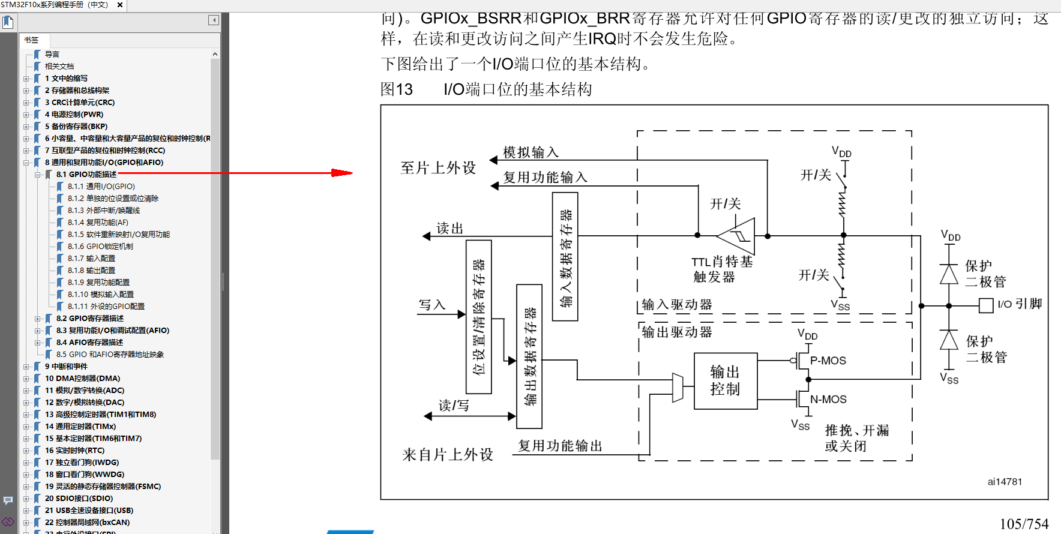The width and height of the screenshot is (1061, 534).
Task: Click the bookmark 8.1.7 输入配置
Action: pos(91,259)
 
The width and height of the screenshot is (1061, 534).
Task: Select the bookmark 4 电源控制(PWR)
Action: pos(74,115)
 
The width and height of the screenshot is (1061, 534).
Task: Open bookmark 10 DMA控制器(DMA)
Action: pos(82,379)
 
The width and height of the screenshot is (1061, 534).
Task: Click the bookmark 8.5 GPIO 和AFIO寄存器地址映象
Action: pos(110,355)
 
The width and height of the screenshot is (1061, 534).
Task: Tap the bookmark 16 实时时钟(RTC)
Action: pos(74,451)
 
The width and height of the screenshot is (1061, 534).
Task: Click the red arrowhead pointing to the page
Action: pos(343,173)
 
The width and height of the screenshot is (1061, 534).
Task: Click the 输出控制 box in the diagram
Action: pos(725,380)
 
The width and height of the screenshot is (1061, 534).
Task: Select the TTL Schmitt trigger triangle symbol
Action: pos(738,236)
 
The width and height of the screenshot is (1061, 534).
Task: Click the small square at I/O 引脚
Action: pos(986,305)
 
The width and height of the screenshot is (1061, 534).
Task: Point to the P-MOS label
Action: pos(828,361)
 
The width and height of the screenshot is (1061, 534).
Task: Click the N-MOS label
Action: pos(828,400)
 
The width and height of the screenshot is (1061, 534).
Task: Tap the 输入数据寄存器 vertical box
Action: pos(565,257)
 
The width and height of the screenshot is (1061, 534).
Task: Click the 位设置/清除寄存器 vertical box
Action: pos(479,317)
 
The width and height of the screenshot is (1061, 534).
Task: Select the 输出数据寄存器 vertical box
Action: pos(529,356)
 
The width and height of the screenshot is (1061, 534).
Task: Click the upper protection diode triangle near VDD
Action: pos(949,274)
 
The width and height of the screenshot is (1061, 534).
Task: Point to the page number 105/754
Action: pos(1024,524)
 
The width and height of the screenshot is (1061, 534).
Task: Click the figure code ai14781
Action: pos(1005,482)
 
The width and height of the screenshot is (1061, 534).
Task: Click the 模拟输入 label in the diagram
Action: pos(530,152)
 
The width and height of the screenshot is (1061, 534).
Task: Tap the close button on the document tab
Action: pos(120,5)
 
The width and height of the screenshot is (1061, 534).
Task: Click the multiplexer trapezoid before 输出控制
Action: pos(678,388)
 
